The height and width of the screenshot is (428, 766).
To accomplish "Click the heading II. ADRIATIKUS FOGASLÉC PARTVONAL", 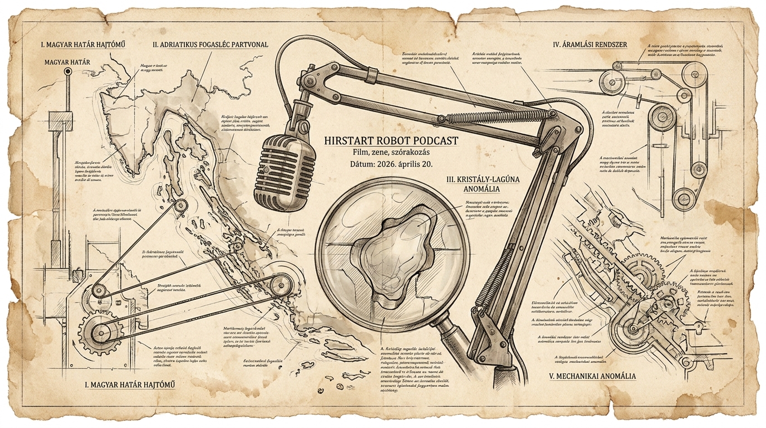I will [x=210, y=44].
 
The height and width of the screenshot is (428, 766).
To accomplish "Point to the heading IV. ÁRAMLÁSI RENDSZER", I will [x=591, y=43].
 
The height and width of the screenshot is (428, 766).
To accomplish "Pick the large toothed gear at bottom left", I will [x=100, y=333].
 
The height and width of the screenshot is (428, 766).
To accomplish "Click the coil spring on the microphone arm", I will [x=495, y=116].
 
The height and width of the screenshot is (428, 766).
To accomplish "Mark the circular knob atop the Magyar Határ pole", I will [x=68, y=72].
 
